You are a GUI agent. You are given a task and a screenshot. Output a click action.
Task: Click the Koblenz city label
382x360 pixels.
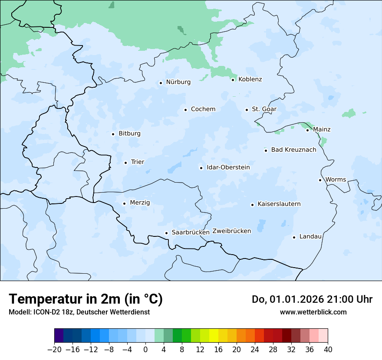[x=250, y=79]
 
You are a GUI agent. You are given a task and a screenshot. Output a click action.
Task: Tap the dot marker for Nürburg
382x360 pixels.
[x=161, y=83]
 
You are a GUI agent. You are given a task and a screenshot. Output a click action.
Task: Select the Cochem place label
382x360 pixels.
[x=203, y=109]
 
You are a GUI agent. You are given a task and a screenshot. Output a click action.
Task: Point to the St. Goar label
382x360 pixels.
[x=264, y=109]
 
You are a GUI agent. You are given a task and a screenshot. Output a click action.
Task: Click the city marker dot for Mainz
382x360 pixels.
[x=307, y=130]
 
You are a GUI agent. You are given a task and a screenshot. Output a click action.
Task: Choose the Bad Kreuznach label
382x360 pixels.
[x=293, y=150]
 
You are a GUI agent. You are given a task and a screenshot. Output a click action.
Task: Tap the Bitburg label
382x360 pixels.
[x=129, y=134]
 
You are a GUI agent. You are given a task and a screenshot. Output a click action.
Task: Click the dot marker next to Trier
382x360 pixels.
[x=125, y=163]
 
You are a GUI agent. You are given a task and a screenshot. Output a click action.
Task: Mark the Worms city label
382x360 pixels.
[x=336, y=180]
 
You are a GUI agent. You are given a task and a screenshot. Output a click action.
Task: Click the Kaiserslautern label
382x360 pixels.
[x=279, y=204]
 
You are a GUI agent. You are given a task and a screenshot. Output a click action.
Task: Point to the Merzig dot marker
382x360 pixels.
[x=124, y=203]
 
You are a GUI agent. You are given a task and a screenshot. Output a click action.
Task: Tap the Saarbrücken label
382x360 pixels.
[x=191, y=232]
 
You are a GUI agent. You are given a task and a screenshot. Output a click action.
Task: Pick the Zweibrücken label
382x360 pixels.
[x=231, y=231]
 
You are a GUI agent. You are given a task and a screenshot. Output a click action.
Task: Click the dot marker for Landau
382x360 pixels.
[x=294, y=237]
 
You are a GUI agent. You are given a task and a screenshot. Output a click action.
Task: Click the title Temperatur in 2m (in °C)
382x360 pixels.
[x=86, y=299]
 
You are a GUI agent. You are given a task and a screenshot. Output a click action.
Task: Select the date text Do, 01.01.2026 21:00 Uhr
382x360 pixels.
[x=312, y=299]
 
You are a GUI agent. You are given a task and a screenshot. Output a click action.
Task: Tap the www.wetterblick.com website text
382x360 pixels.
[x=313, y=312]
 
